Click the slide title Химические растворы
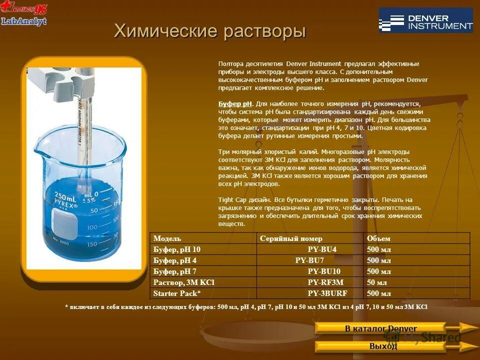pos(209,31)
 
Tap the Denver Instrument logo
pos(425,20)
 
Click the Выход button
pos(383,346)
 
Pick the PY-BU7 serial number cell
pos(309,260)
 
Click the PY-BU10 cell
pos(324,271)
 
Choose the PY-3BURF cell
pos(327,293)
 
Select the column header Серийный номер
pos(291,238)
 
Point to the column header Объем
pos(378,238)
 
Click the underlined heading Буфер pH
pos(235,104)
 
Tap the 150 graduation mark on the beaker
pos(92,244)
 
